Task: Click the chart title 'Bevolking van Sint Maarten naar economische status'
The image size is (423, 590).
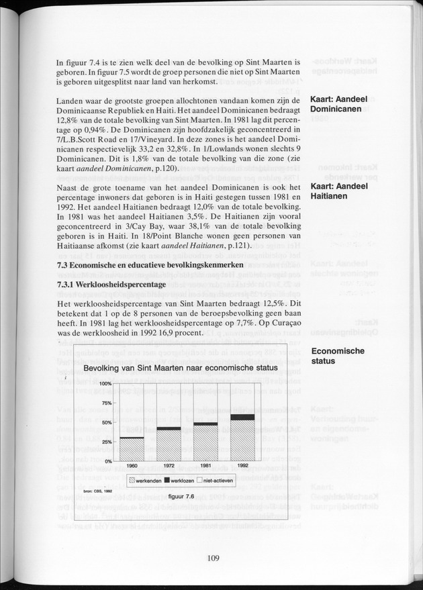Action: click(x=181, y=368)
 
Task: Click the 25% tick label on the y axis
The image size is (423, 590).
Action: click(x=105, y=442)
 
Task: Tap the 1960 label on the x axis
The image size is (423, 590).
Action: click(x=132, y=465)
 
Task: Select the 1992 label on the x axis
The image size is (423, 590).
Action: click(x=242, y=465)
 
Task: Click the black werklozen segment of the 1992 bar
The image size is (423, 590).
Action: click(x=242, y=417)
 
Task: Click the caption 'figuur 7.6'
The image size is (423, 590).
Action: click(x=181, y=496)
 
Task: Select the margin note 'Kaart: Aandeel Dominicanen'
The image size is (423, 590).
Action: click(x=336, y=105)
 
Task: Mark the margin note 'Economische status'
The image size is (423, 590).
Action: click(x=337, y=356)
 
